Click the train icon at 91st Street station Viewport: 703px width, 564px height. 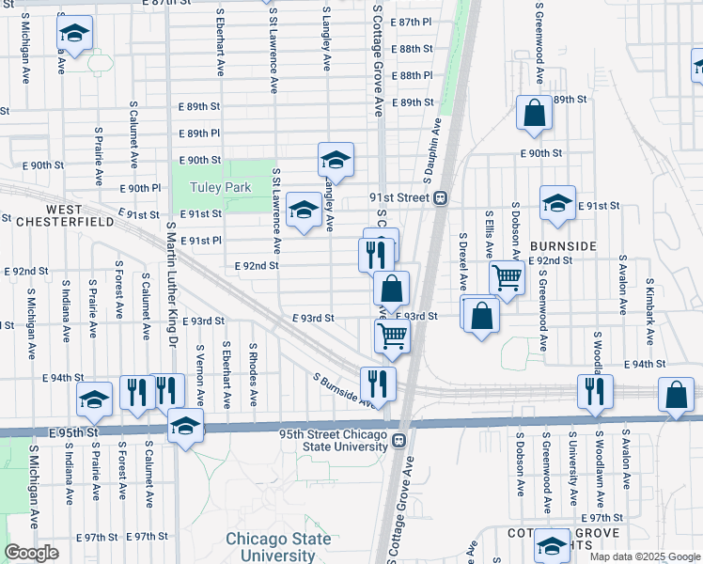pyautogui.click(x=439, y=198)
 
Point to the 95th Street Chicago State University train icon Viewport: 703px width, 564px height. pyautogui.click(x=398, y=440)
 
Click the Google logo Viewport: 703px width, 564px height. pyautogui.click(x=32, y=553)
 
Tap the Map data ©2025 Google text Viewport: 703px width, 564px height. pyautogui.click(x=644, y=556)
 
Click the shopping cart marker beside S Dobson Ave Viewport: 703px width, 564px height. pyautogui.click(x=508, y=277)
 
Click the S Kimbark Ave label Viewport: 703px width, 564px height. pyautogui.click(x=648, y=282)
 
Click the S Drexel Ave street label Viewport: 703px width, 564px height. pyautogui.click(x=463, y=261)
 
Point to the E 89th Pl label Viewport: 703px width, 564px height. pyautogui.click(x=196, y=133)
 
